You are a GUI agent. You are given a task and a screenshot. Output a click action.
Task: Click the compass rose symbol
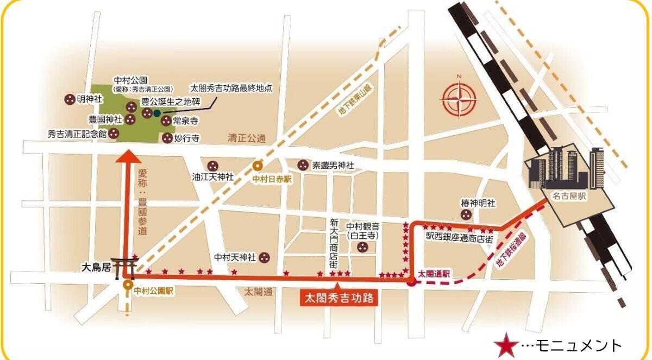point(459,99)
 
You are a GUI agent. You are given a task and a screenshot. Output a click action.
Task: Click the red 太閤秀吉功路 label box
point(339,298)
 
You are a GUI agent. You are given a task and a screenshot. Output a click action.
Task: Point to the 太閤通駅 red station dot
point(412,281)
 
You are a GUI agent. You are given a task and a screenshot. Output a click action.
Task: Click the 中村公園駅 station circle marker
point(128,284)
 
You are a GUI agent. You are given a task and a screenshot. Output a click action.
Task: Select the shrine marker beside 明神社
point(70,99)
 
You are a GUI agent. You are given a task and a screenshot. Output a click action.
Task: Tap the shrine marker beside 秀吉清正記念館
point(114,133)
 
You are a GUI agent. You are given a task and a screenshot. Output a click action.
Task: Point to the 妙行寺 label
point(187,138)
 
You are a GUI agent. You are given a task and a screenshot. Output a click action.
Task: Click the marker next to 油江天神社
point(213,166)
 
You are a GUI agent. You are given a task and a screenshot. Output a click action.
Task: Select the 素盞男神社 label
point(333,165)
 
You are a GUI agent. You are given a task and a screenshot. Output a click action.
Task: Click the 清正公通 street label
point(246,139)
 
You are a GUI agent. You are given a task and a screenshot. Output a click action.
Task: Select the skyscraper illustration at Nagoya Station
point(565,166)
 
